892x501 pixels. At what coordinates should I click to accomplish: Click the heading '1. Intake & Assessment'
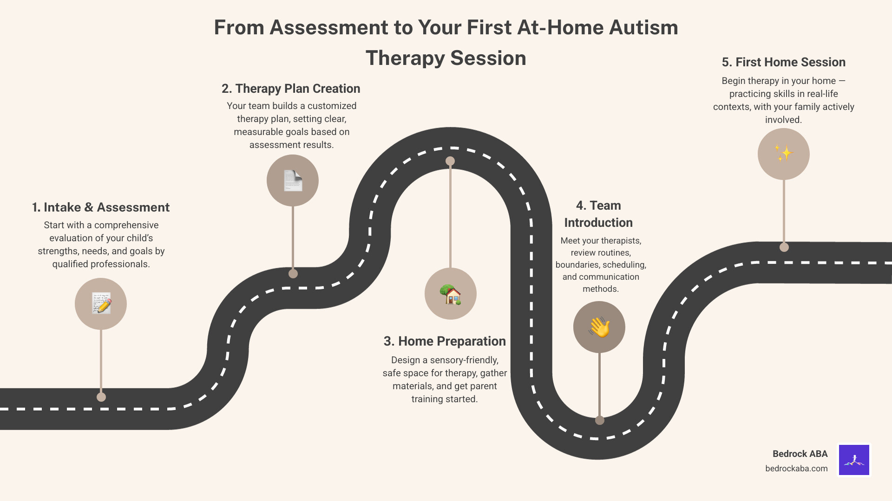(101, 207)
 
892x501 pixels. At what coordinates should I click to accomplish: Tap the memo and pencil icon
(101, 304)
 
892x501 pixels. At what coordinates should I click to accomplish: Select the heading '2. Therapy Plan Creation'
(291, 89)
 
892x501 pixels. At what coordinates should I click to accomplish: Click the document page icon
(293, 180)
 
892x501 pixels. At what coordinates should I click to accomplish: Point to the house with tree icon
(450, 294)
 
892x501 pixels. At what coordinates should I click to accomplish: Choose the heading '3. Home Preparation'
(445, 341)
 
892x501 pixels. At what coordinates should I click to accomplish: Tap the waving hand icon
(599, 327)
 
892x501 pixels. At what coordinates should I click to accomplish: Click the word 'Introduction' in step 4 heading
(598, 223)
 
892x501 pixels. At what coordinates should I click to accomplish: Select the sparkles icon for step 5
(783, 154)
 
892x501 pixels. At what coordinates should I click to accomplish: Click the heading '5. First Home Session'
(783, 62)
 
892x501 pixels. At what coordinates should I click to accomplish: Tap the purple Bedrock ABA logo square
(854, 460)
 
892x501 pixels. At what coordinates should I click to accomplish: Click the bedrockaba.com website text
(796, 469)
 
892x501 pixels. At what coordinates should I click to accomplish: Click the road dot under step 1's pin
(101, 397)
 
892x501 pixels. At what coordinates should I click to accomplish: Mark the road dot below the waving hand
(600, 420)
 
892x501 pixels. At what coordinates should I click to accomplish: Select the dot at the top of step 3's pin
(450, 161)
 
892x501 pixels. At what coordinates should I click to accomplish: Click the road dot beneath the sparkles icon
(784, 247)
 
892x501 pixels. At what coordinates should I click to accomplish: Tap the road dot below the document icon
(293, 274)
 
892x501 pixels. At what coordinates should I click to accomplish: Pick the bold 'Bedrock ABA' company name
(800, 454)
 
